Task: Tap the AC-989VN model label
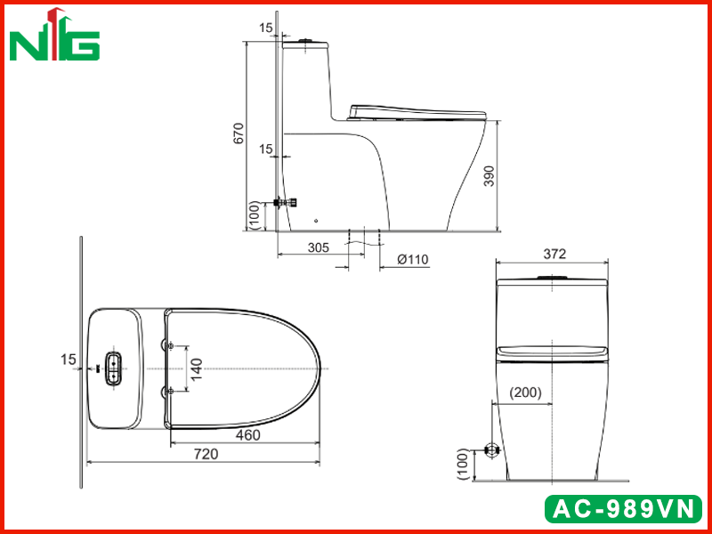tap(623, 508)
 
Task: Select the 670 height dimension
tap(239, 133)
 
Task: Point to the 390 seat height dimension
tap(489, 175)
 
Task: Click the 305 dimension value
tap(319, 248)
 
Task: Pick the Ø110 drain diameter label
tap(412, 259)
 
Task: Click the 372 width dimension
tap(554, 254)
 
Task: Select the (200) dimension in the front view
tap(525, 392)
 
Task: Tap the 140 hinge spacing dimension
tap(196, 368)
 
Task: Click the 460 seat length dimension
tap(248, 435)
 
